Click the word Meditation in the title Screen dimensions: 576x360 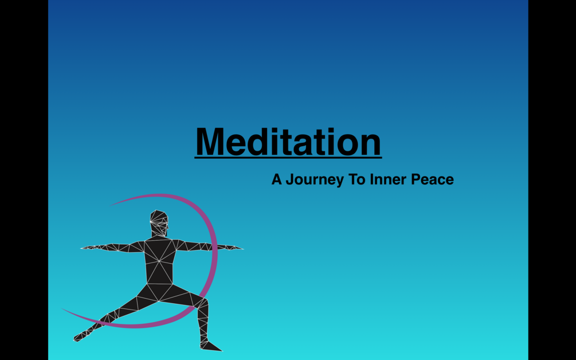click(288, 141)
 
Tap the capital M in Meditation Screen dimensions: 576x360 click(209, 142)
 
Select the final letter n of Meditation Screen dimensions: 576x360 click(371, 144)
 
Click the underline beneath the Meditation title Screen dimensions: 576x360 click(288, 158)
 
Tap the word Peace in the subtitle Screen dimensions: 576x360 click(432, 179)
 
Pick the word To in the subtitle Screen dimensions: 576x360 click(356, 179)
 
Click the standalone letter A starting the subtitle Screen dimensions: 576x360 click(277, 179)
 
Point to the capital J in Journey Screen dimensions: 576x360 click(290, 179)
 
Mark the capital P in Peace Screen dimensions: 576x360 click(416, 179)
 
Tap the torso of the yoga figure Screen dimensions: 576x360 click(159, 261)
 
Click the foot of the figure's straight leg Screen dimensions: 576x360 click(81, 336)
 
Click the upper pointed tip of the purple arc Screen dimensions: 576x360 click(110, 206)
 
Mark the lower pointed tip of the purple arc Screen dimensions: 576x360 click(62, 309)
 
